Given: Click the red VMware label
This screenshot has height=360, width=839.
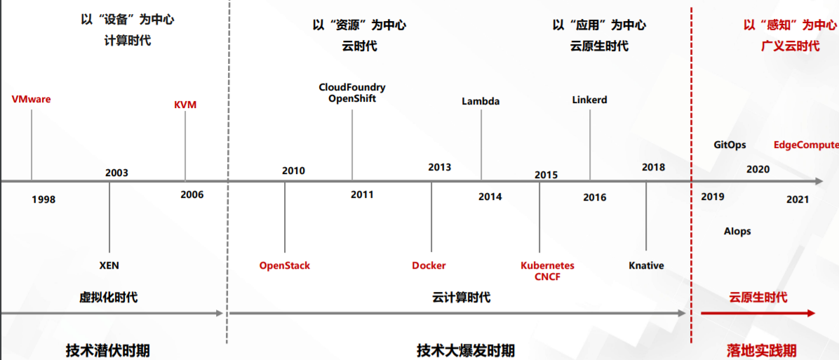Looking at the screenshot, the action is [32, 99].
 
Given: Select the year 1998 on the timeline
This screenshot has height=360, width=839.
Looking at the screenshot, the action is [43, 200].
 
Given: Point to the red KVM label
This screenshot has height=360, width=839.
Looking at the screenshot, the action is [185, 105].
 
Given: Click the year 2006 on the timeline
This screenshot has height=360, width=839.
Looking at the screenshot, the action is [192, 194].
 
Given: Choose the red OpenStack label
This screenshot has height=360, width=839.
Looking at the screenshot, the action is [285, 266].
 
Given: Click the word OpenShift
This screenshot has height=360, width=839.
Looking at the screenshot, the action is [352, 99].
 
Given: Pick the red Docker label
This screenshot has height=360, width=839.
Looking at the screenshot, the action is [429, 266].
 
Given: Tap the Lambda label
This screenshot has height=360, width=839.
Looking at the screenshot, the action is [481, 101].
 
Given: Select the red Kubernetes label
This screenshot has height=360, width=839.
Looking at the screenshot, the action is [547, 266].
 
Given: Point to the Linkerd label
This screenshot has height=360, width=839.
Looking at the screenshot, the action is [589, 100].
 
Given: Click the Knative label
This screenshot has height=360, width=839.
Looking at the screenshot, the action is [646, 266].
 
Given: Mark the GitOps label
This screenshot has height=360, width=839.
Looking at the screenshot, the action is [730, 145].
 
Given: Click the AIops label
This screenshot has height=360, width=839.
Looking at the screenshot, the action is [737, 232].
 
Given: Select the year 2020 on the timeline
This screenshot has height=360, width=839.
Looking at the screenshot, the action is [758, 169].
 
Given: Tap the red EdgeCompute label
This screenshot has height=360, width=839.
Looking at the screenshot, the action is [806, 145].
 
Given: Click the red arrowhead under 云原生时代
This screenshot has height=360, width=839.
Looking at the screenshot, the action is [811, 314].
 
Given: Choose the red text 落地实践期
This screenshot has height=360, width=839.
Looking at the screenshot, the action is [761, 350].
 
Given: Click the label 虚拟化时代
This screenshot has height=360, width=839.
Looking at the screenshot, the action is [108, 298].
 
